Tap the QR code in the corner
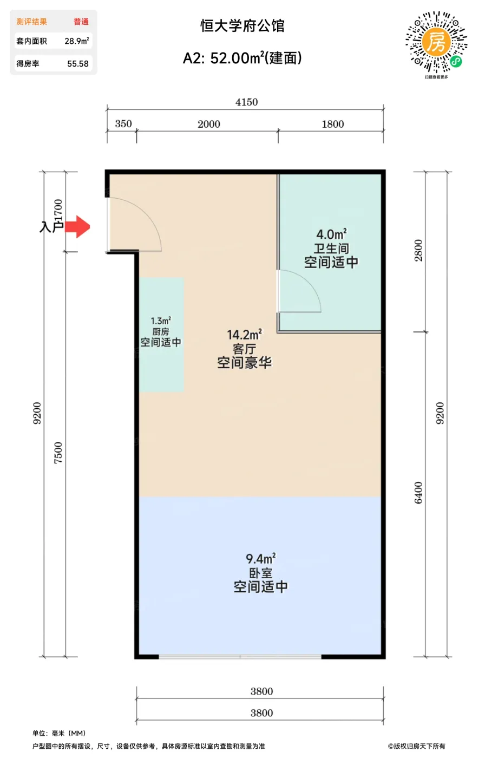click(x=436, y=42)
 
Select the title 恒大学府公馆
click(x=242, y=26)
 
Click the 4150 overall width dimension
click(x=246, y=102)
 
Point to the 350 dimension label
click(x=123, y=124)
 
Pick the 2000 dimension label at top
click(x=209, y=124)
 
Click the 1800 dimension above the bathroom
click(x=333, y=124)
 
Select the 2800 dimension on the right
click(x=419, y=250)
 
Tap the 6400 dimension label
click(x=419, y=493)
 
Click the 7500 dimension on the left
click(x=58, y=453)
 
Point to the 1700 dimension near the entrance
click(x=58, y=210)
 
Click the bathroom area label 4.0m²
click(x=331, y=234)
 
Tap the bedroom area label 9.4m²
click(x=261, y=558)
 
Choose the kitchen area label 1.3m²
click(x=161, y=321)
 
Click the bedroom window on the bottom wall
click(x=240, y=657)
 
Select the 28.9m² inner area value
click(x=77, y=41)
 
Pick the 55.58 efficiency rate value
click(x=78, y=64)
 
